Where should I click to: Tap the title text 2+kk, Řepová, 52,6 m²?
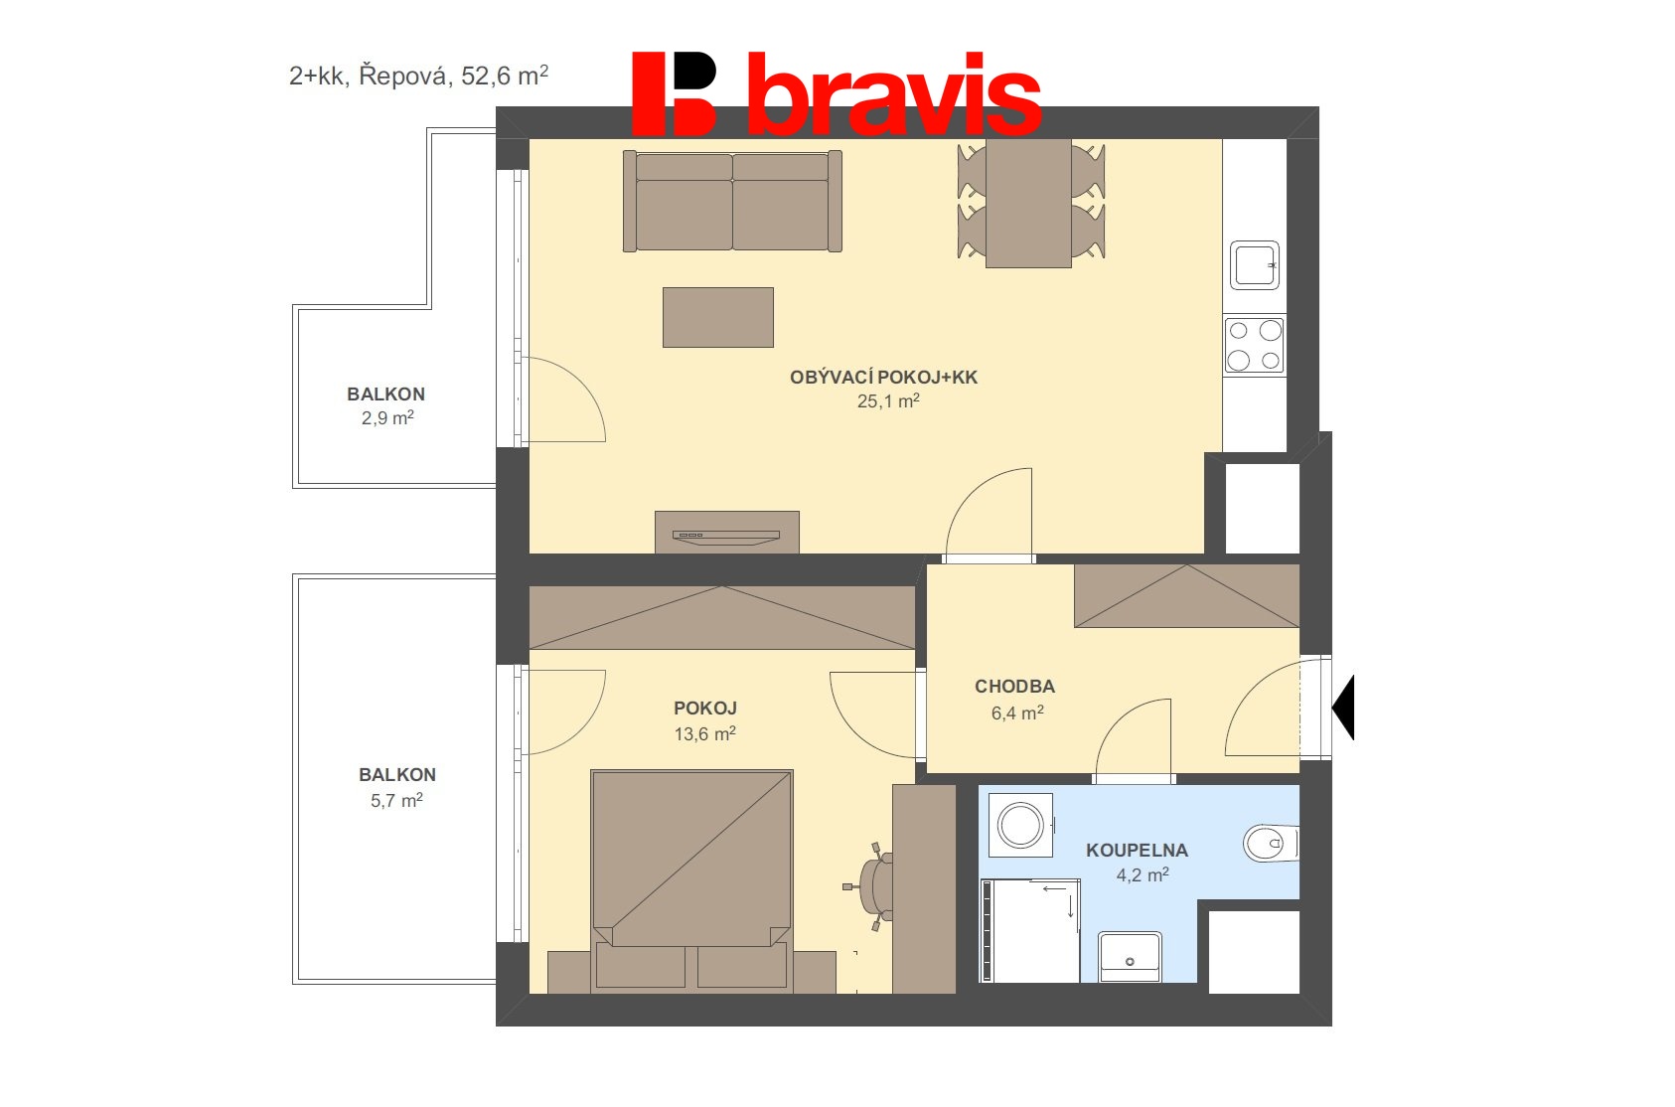[418, 76]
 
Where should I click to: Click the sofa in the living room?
[732, 202]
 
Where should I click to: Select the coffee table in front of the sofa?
[717, 317]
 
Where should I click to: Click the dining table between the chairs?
[1028, 204]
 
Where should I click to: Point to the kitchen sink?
[1254, 265]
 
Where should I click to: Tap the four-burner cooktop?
[1254, 345]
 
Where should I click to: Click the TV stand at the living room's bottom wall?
[726, 533]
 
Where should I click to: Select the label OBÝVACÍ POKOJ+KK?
[883, 378]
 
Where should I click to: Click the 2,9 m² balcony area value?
[387, 418]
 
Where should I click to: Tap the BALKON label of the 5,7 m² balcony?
[397, 775]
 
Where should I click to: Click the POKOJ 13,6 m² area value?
[704, 734]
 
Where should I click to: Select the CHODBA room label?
[1014, 687]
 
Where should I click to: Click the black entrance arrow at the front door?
[1343, 708]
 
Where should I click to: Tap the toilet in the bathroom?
[1269, 844]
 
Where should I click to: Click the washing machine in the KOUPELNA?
[1020, 825]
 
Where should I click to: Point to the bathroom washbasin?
[1130, 957]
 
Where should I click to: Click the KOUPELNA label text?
[1137, 851]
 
